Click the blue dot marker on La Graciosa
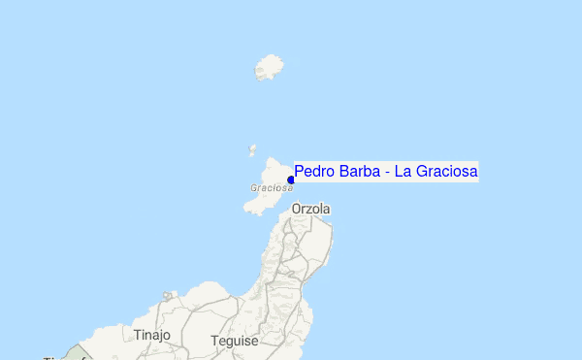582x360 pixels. coord(291,180)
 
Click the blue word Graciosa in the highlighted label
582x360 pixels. coord(447,172)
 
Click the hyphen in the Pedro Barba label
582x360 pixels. coord(386,173)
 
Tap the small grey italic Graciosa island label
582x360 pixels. coord(271,188)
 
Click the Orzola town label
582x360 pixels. coord(311,209)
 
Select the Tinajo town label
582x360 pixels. coord(152,335)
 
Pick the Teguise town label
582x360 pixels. coord(235,342)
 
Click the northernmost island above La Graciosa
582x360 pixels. coord(269,68)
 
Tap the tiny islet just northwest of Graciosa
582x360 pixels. coord(252,150)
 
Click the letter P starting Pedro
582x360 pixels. coord(299,172)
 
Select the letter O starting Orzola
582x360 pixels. coord(297,209)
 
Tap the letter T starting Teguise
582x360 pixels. coord(214,342)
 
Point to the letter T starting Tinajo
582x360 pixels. coord(138,335)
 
